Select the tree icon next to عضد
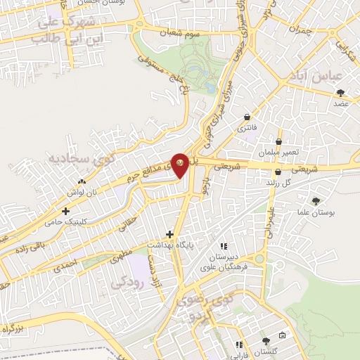coord(342,93)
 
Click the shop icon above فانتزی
coord(247,117)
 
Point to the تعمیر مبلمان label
coord(278,152)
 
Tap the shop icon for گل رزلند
coord(278,172)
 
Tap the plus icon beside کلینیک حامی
coord(66,210)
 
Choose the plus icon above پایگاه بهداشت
coord(169,233)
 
